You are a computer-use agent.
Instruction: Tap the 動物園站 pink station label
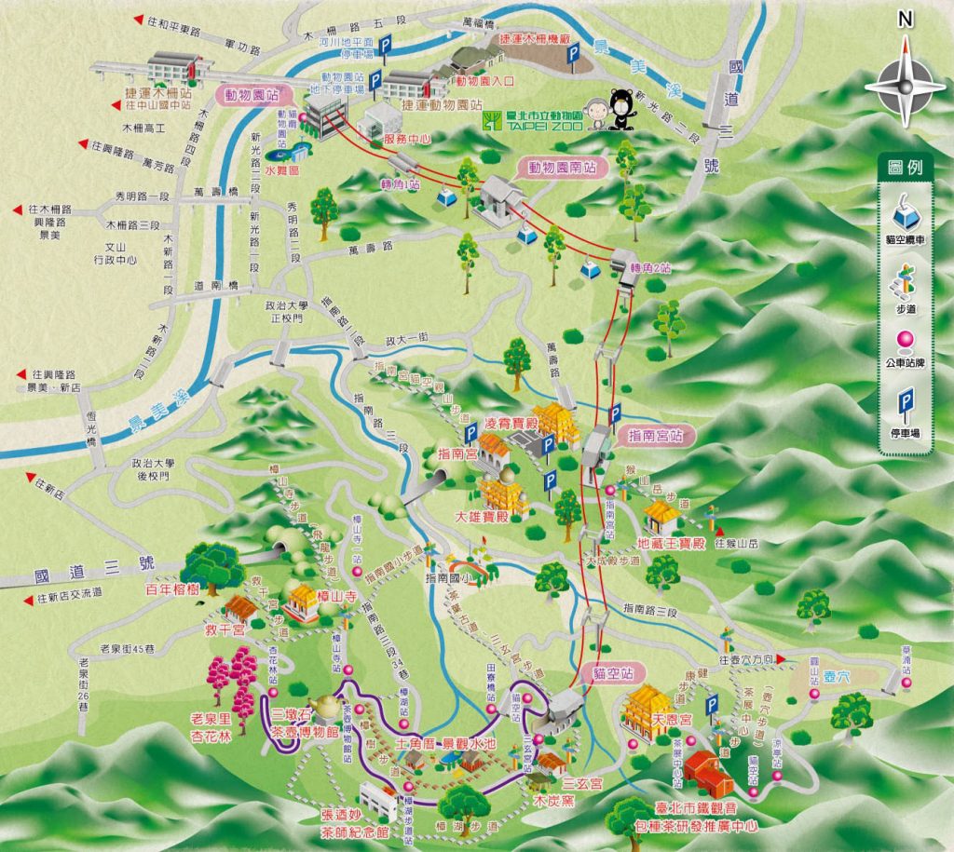coord(247,94)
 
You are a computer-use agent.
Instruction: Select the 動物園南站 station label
coord(556,169)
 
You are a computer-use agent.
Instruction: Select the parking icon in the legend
coord(904,408)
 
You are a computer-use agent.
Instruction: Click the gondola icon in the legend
coord(905,213)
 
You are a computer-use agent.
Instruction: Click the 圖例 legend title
coord(905,169)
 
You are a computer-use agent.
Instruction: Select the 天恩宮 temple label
coord(672,720)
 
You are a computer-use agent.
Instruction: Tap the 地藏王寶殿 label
coord(670,543)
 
